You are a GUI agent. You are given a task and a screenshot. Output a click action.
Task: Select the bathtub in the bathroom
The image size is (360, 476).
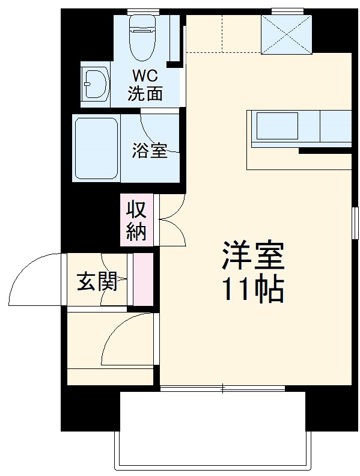click(96, 148)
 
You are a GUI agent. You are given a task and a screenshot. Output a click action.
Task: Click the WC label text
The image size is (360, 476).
click(145, 78)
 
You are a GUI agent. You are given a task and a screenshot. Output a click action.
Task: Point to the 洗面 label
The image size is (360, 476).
click(145, 94)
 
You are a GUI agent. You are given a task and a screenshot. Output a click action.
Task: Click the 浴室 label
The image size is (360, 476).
click(150, 151)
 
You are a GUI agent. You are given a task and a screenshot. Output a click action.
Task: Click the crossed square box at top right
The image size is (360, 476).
click(286, 34)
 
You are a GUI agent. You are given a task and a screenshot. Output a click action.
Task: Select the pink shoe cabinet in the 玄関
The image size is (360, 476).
click(142, 280)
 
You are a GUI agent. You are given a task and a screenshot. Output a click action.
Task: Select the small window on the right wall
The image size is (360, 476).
click(355, 222)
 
